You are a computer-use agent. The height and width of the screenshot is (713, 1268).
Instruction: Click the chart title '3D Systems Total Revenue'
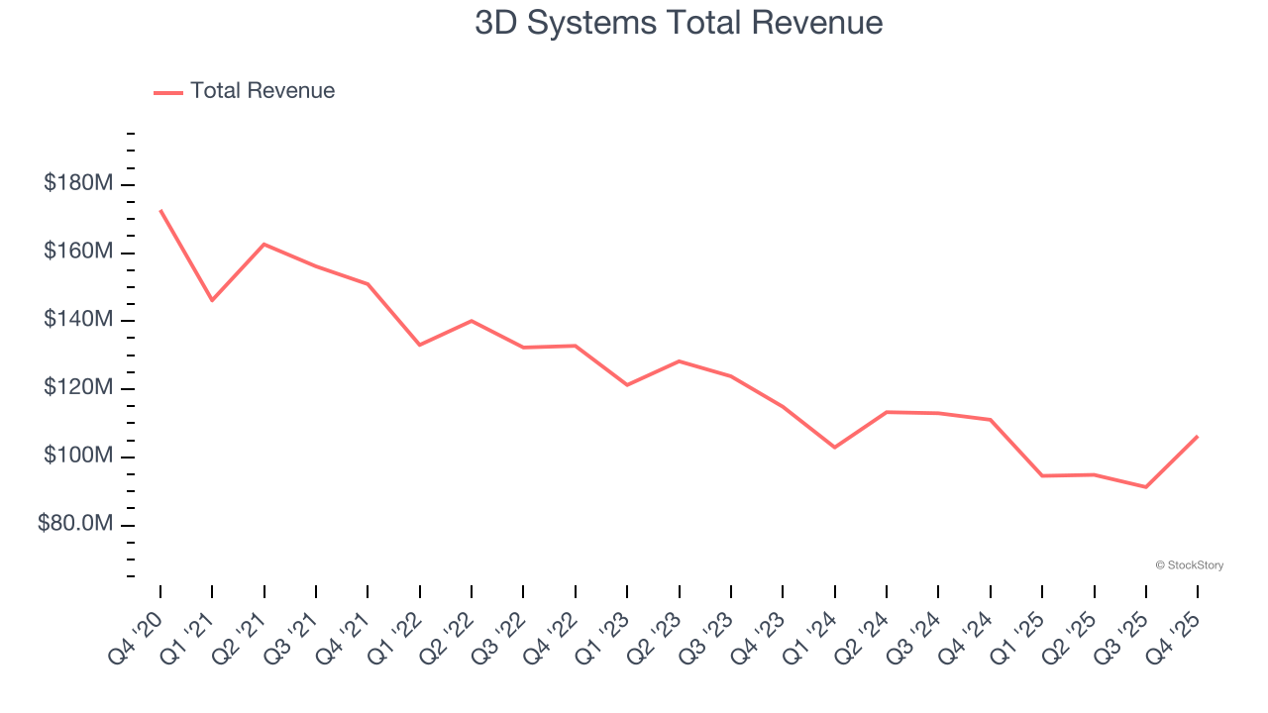679,23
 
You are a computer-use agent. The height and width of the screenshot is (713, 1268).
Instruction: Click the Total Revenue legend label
263,91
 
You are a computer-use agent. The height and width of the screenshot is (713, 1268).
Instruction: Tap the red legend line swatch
168,92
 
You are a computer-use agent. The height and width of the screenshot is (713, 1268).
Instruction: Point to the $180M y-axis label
78,184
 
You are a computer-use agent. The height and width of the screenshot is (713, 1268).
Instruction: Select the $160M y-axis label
78,253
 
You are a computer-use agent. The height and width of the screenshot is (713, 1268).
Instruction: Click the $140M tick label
78,320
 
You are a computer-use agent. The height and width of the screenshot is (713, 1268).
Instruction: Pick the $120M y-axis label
78,388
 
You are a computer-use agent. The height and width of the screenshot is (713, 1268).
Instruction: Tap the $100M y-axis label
78,457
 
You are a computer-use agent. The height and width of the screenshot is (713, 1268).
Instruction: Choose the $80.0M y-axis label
75,524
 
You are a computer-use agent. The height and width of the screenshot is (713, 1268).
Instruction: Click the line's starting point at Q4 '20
160,210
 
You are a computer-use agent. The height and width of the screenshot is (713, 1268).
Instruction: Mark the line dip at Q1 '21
212,300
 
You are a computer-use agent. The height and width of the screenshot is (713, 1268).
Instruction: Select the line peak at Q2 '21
264,244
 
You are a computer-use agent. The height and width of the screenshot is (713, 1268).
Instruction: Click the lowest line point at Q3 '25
1146,487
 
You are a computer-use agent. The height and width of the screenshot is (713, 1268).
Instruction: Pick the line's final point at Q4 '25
1198,436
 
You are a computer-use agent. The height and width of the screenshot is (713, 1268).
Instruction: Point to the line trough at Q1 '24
835,448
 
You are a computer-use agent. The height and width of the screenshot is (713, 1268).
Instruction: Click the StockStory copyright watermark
1189,565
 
